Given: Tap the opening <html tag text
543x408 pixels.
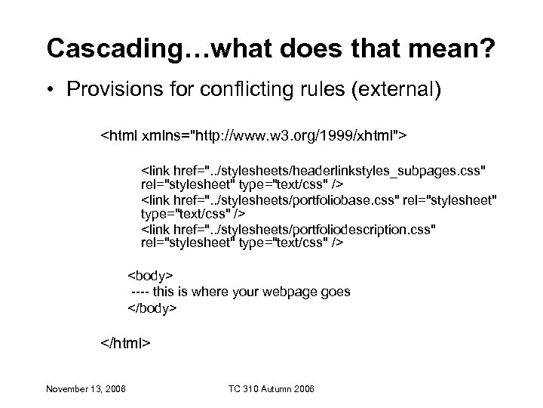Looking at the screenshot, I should click(x=116, y=137).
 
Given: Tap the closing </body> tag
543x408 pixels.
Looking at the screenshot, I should click(x=152, y=308).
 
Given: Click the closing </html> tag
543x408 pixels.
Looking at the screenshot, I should click(x=127, y=343).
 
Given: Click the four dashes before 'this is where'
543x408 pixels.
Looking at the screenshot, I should click(x=139, y=292).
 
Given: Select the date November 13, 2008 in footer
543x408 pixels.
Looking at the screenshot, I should click(x=86, y=389).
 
